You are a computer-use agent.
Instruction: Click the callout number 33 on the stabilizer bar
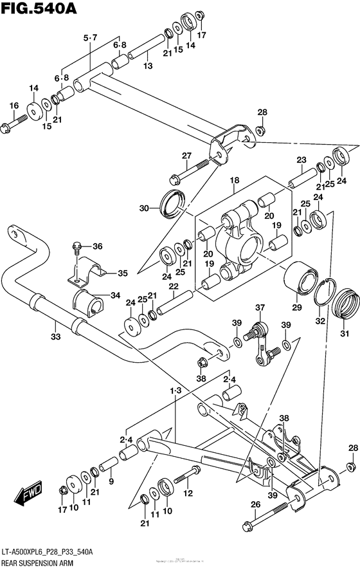point(56,336)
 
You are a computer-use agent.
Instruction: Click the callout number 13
point(148,66)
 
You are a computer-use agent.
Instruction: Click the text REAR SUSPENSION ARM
point(37,562)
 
